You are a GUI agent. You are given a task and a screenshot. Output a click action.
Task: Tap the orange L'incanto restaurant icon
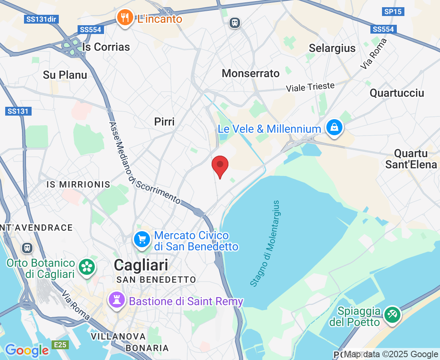click(x=125, y=18)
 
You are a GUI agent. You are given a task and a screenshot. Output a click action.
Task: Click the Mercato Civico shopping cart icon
click(x=142, y=240)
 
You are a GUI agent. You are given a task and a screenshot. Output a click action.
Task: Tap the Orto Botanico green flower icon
click(x=86, y=267)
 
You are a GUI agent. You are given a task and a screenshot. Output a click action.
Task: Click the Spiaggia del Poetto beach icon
click(x=392, y=314)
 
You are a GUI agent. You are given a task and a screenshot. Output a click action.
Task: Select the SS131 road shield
click(x=18, y=111)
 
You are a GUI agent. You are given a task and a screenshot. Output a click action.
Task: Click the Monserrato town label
click(x=250, y=73)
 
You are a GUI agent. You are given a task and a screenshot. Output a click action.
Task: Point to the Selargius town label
click(x=332, y=48)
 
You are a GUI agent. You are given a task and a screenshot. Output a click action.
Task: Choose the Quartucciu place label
click(x=397, y=93)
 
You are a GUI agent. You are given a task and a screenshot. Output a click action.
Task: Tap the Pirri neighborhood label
click(x=164, y=122)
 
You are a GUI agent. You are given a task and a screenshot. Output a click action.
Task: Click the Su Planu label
click(x=65, y=75)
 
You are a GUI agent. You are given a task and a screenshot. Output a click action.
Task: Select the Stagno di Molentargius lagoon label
click(x=265, y=244)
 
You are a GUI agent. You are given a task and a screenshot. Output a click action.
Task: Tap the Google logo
click(x=27, y=350)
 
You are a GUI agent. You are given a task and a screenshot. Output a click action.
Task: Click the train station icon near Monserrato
click(x=235, y=22)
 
